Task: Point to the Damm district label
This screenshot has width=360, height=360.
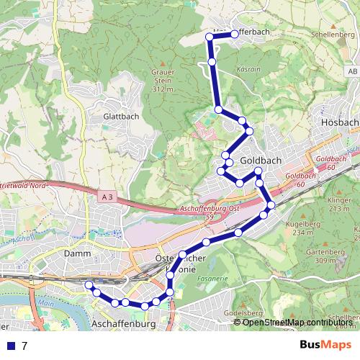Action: (77, 254)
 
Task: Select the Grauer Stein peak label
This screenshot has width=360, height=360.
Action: (163, 80)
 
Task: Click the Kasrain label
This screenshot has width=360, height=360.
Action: (248, 69)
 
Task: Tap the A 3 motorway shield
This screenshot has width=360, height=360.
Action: (108, 196)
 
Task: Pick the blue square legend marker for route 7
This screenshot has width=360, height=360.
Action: (9, 346)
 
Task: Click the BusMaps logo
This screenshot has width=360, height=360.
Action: (325, 345)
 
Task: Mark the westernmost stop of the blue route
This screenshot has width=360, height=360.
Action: (89, 286)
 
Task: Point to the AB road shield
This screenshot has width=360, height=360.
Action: (352, 72)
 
